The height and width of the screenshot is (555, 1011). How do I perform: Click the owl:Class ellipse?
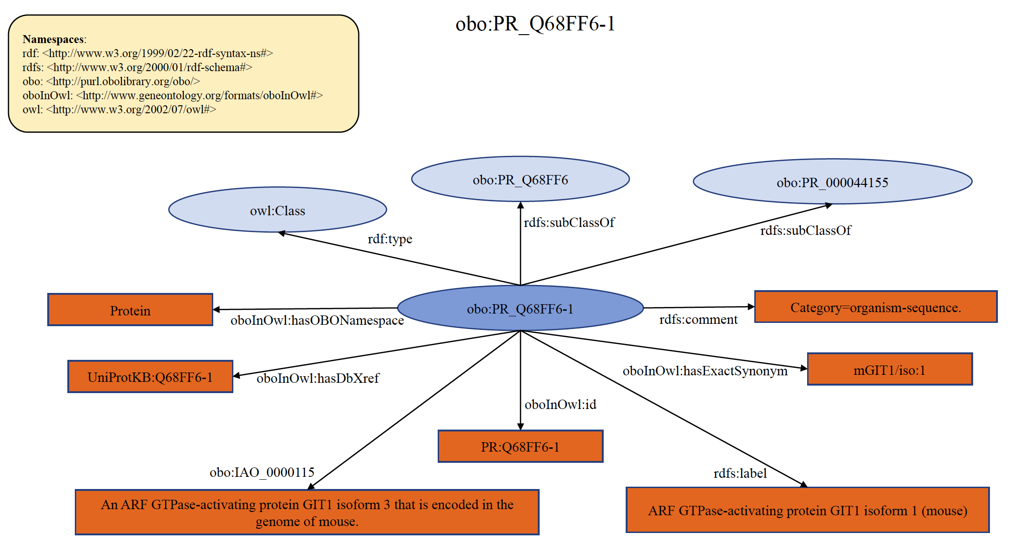pyautogui.click(x=277, y=210)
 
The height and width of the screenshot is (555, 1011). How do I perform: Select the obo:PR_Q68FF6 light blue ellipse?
pyautogui.click(x=520, y=180)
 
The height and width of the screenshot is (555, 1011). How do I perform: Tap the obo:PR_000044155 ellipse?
pyautogui.click(x=832, y=182)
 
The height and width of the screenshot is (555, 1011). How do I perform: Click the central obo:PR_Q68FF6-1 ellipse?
pyautogui.click(x=520, y=309)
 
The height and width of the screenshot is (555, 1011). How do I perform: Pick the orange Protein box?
pyautogui.click(x=130, y=310)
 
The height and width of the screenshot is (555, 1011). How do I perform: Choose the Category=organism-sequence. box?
pyautogui.click(x=875, y=307)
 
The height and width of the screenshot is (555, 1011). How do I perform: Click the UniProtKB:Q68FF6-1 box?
pyautogui.click(x=150, y=377)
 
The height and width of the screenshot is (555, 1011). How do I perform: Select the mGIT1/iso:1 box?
pyautogui.click(x=889, y=370)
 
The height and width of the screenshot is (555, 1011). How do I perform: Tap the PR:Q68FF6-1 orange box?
pyautogui.click(x=520, y=446)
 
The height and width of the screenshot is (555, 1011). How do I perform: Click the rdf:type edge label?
pyautogui.click(x=390, y=239)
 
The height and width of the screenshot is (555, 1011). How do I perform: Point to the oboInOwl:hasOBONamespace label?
pyautogui.click(x=317, y=321)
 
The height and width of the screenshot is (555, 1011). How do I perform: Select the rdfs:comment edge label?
pyautogui.click(x=698, y=320)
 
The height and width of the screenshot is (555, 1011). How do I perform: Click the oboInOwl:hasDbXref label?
pyautogui.click(x=318, y=378)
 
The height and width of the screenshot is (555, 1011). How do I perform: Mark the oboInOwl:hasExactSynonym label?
pyautogui.click(x=705, y=371)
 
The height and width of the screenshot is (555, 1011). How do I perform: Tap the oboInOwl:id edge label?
pyautogui.click(x=560, y=404)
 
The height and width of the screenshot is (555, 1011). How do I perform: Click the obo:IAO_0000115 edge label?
pyautogui.click(x=262, y=472)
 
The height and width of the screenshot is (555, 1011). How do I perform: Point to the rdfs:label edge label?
pyautogui.click(x=740, y=474)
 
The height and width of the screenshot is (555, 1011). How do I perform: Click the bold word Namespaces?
pyautogui.click(x=53, y=39)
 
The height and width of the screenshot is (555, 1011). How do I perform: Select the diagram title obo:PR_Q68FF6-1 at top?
pyautogui.click(x=535, y=24)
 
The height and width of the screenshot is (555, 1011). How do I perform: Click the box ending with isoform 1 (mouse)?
pyautogui.click(x=807, y=510)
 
